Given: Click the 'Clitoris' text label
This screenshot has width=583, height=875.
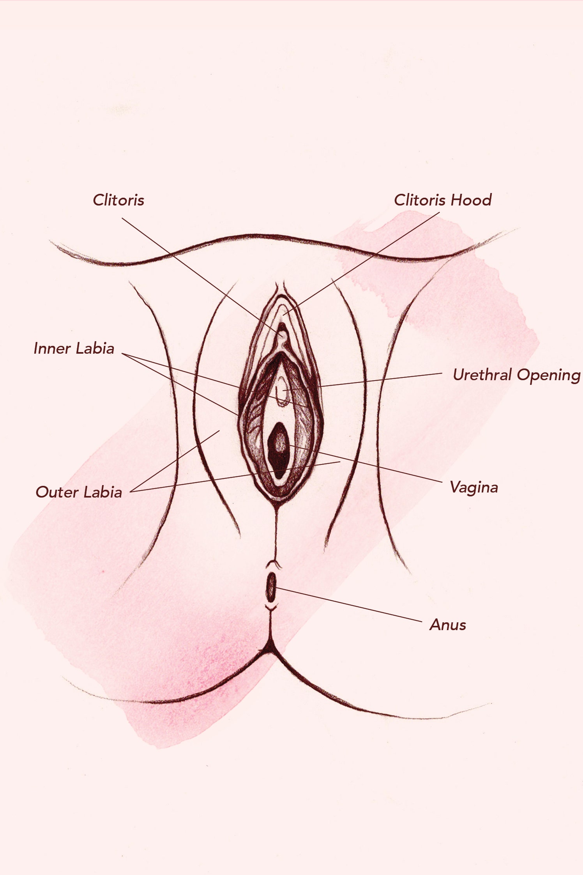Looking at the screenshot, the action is pos(118,200).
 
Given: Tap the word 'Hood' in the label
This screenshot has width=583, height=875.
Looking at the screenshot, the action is pos(472,200).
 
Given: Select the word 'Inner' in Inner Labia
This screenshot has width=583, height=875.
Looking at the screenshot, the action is pos(52,348).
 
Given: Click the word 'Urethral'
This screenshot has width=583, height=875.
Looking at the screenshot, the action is pos(482,375).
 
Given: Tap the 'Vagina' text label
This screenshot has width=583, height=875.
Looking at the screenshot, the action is pos(474,488).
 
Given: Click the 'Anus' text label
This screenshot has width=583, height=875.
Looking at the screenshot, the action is pos(448,625).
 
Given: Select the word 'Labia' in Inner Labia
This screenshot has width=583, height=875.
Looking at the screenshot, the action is pos(95,348).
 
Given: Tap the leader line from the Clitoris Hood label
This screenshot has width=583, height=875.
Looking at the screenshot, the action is pos(362,263).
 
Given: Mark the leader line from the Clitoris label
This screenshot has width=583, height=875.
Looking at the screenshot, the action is pos(202,276).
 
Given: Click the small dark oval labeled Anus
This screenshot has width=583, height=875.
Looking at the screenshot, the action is pos(271,587).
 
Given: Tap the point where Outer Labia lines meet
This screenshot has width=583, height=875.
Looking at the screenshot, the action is pos(131,491).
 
